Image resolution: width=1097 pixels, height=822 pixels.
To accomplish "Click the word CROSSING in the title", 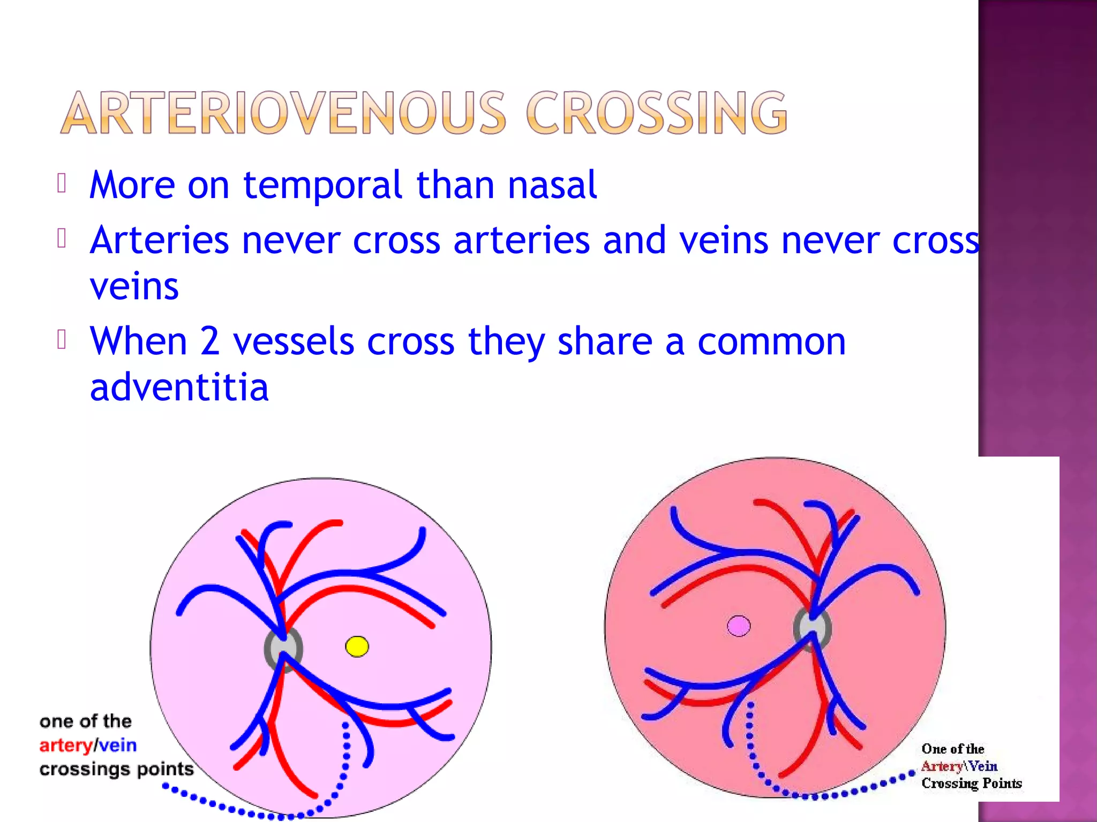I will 657,113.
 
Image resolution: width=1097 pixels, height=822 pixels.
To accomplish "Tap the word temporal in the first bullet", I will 323,185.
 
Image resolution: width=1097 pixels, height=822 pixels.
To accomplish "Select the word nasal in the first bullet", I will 552,185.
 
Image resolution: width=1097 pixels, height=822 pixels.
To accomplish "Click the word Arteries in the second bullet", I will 159,240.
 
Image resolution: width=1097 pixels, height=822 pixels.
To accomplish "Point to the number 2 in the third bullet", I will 210,341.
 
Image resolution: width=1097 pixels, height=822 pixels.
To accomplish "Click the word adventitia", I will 179,387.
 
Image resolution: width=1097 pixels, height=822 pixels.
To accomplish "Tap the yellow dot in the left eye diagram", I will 357,646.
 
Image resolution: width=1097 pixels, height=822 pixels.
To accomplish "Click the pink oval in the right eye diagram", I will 739,626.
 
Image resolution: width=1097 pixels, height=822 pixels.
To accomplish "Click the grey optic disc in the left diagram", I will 283,649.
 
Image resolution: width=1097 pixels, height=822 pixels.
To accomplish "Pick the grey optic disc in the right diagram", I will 812,627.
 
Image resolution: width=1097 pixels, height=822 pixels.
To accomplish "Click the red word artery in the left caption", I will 65,745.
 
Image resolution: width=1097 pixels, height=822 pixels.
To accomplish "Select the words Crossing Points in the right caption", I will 971,783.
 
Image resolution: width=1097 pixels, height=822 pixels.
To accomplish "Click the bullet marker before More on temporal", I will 62,184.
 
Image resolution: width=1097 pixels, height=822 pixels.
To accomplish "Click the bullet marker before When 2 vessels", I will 62,340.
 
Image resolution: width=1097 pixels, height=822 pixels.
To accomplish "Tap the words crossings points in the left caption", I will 116,770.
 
